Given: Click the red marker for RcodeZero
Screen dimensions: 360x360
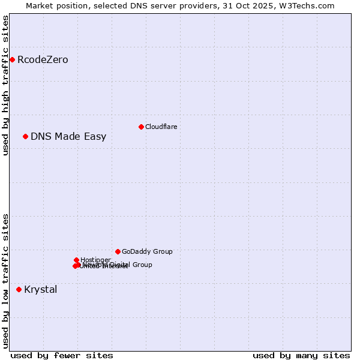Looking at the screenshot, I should point(12,59).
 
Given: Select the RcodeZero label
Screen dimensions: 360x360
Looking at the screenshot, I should point(43,60).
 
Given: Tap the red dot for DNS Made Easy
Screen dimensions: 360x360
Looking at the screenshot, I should point(25,136).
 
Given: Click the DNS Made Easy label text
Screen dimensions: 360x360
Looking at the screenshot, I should point(68,137).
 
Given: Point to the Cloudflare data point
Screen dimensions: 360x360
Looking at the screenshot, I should point(141,127).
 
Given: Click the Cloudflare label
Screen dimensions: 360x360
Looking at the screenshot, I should point(161,127).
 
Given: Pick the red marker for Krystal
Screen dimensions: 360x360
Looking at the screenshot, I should point(19,289).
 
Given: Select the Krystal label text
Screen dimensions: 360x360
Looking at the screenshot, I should point(41,290).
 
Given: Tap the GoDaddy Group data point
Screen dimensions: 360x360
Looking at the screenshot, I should point(118,251).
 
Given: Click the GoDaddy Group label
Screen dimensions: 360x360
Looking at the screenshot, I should point(147,252).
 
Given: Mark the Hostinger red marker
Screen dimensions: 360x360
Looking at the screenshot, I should point(76,260).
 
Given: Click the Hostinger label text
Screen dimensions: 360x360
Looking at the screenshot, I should point(95,260).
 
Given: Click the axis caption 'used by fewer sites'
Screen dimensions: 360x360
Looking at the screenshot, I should point(62,355).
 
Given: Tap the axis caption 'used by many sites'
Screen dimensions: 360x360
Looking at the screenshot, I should point(301,355).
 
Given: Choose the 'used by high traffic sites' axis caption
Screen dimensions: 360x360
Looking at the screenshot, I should point(5,85).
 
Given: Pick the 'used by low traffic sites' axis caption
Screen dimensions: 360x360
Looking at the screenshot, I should point(5,281).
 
